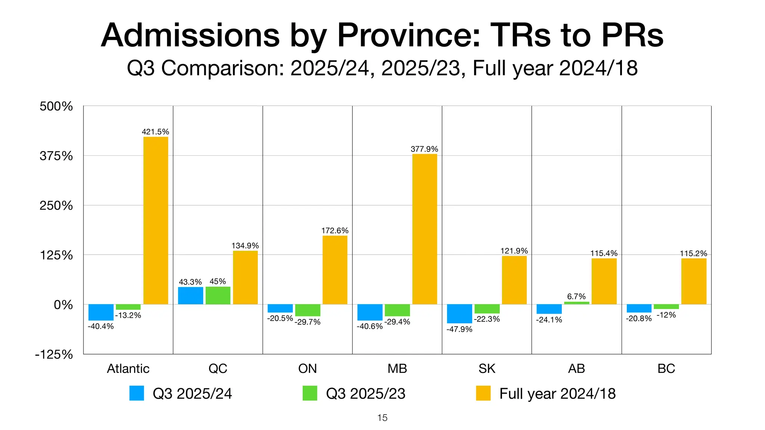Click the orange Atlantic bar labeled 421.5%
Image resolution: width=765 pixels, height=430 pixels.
pyautogui.click(x=156, y=220)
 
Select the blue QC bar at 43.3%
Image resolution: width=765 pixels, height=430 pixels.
pyautogui.click(x=191, y=296)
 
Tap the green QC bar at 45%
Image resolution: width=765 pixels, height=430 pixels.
pyautogui.click(x=218, y=295)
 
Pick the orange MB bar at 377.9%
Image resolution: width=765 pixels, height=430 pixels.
pyautogui.click(x=425, y=229)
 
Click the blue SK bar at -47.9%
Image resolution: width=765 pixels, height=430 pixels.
pyautogui.click(x=459, y=314)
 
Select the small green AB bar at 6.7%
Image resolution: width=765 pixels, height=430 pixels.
pyautogui.click(x=576, y=303)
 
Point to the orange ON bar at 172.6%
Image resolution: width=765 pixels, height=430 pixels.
pyautogui.click(x=335, y=270)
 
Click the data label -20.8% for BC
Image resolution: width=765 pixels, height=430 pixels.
pyautogui.click(x=639, y=318)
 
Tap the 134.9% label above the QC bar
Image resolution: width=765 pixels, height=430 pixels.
pyautogui.click(x=245, y=246)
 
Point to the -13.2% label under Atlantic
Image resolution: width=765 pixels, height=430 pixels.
pyautogui.click(x=128, y=315)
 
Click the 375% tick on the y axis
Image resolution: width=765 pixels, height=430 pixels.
pyautogui.click(x=56, y=156)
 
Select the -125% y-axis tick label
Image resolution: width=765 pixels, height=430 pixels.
pyautogui.click(x=54, y=354)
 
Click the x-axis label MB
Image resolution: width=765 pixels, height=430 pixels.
pyautogui.click(x=397, y=368)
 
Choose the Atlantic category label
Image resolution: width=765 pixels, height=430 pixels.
pyautogui.click(x=128, y=368)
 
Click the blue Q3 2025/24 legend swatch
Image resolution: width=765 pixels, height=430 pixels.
pyautogui.click(x=137, y=393)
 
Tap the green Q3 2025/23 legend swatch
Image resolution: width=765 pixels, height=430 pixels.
pyautogui.click(x=310, y=393)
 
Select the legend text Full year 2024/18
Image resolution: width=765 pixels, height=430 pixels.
pyautogui.click(x=557, y=393)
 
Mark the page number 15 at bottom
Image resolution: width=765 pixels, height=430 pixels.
pyautogui.click(x=382, y=418)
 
